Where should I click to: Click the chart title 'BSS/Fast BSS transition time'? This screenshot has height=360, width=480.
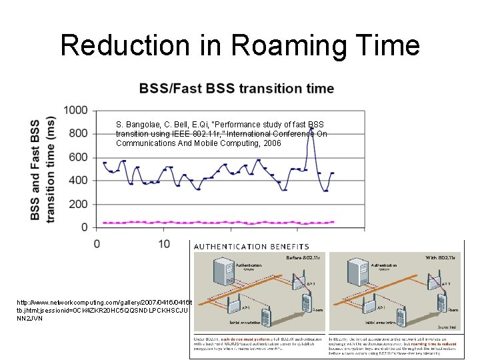(x=237, y=89)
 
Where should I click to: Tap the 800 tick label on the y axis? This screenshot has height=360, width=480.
(x=78, y=133)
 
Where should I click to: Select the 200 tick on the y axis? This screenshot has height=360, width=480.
(x=78, y=204)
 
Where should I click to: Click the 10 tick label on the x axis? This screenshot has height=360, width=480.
(x=164, y=244)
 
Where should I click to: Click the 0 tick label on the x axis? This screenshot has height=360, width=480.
(x=97, y=244)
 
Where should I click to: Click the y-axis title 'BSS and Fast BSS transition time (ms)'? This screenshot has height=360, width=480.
(x=43, y=170)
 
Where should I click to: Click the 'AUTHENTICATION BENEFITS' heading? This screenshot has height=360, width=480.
(x=251, y=247)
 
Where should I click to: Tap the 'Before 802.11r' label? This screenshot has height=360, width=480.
(x=304, y=257)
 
